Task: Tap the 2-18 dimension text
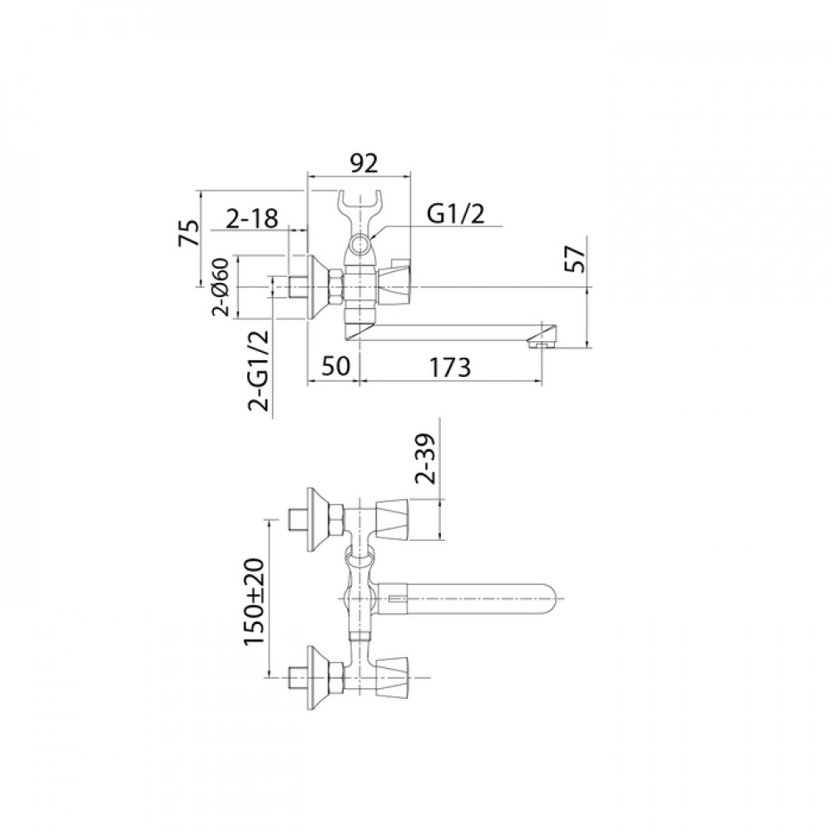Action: [x=252, y=218]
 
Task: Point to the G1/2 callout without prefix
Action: [x=456, y=215]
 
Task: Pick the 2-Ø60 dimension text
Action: [x=220, y=287]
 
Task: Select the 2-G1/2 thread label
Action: [x=259, y=370]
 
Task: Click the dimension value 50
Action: [x=335, y=366]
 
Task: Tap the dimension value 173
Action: [x=449, y=367]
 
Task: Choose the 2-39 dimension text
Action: [x=425, y=458]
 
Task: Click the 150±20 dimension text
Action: [x=255, y=602]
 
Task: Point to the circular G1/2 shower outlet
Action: [x=362, y=245]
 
